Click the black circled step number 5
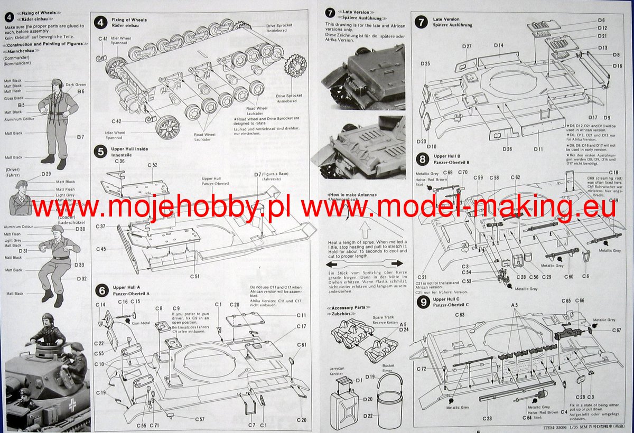click(100, 152)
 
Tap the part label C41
click(102, 39)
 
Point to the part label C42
click(116, 121)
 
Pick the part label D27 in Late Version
click(466, 46)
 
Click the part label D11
click(538, 149)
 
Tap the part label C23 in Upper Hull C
click(487, 418)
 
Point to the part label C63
click(460, 315)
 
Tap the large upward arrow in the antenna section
click(363, 230)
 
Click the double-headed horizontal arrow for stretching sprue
click(363, 263)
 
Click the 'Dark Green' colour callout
click(76, 84)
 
